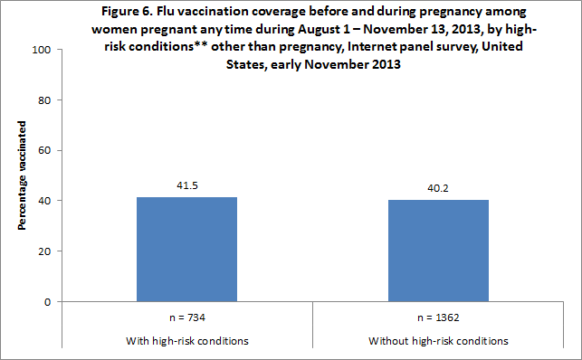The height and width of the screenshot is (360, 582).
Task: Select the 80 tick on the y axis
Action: click(x=42, y=99)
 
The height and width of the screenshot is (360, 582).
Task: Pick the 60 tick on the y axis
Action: click(x=42, y=150)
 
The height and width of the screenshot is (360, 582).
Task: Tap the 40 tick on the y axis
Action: click(x=42, y=201)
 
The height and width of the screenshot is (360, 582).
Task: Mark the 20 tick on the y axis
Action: click(x=42, y=251)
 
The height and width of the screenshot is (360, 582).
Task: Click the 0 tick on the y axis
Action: click(x=44, y=302)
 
